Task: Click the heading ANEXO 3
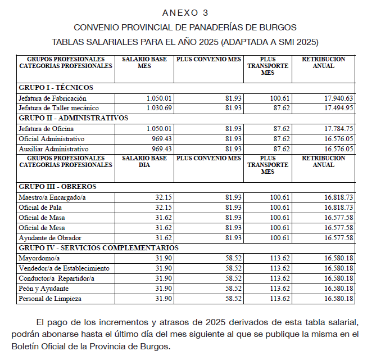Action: pos(185,12)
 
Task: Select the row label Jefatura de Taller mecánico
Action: pos(58,107)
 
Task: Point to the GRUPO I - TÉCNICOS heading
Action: pos(56,88)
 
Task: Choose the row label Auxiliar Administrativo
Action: pos(54,149)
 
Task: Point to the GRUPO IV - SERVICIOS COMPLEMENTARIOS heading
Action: pos(98,247)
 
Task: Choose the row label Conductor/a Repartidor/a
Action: pos(57,278)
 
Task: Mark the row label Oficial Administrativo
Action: pos(52,138)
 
